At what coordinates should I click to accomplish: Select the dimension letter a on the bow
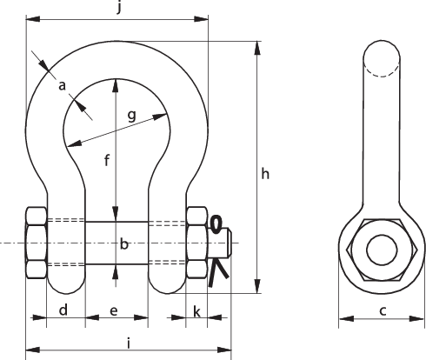click(x=62, y=84)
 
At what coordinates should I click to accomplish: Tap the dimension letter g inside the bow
click(x=131, y=114)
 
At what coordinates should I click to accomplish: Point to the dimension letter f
click(x=106, y=161)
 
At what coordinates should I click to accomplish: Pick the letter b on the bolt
click(x=123, y=245)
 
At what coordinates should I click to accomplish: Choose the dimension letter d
click(x=64, y=310)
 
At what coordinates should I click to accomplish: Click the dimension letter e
click(x=115, y=310)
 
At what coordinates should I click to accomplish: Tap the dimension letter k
click(x=197, y=310)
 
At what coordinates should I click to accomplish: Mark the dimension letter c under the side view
click(x=383, y=310)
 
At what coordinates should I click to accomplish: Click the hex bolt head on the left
click(x=37, y=243)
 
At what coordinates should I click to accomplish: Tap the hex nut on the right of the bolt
click(x=196, y=243)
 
